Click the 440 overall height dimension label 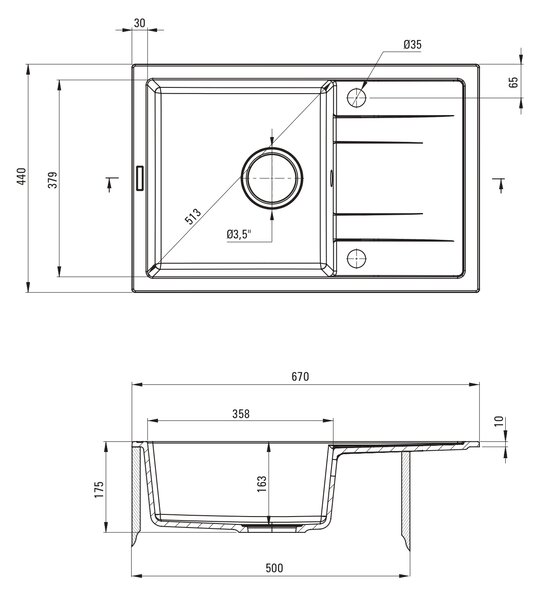21,176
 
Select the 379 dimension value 52,180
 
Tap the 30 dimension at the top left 140,23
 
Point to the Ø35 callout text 413,44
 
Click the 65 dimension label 514,82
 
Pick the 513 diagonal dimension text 192,216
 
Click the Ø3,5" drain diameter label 239,234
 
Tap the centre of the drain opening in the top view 272,178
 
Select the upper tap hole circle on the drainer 356,98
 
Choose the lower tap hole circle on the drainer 356,258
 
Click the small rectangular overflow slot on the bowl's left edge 140,178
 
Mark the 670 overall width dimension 300,377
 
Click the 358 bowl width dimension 241,414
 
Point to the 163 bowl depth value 262,484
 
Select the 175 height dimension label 99,489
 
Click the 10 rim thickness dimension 499,421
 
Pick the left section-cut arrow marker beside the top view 111,184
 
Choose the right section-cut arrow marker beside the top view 499,185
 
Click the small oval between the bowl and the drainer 331,178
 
